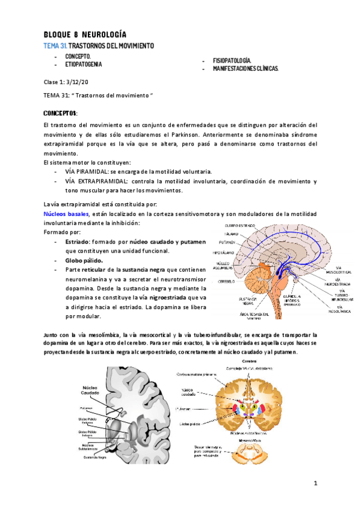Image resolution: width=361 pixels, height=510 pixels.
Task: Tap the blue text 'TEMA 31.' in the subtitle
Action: pyautogui.click(x=55, y=46)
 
